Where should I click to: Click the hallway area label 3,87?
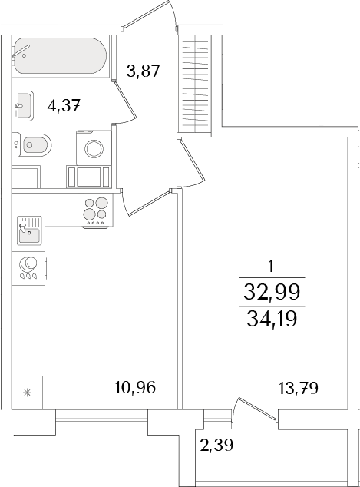click(143, 72)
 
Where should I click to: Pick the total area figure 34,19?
click(272, 316)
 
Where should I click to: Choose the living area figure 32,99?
click(272, 291)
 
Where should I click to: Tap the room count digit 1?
click(272, 267)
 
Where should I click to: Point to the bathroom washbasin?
click(22, 104)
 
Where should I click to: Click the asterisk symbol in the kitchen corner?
click(29, 393)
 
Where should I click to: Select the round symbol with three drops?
click(29, 266)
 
